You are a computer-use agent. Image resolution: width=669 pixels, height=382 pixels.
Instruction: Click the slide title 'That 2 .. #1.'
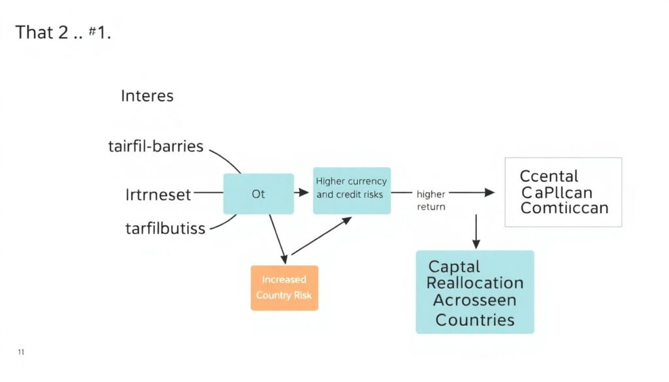coord(63,32)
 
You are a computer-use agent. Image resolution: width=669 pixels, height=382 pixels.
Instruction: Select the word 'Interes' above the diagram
coord(147,96)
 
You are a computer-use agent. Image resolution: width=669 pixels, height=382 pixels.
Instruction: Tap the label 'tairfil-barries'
coord(155,146)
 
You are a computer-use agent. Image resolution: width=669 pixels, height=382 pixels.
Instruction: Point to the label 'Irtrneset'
coord(158,194)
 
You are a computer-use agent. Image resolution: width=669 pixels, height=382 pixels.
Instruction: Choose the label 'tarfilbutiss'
coord(165,229)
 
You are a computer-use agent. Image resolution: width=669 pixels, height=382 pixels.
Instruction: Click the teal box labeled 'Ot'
coord(259,194)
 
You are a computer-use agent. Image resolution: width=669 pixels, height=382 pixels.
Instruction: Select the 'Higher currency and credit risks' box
coord(351,187)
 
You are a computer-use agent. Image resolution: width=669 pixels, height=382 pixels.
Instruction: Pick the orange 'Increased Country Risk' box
coord(284,287)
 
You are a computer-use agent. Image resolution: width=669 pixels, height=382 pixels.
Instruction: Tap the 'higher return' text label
coord(431,200)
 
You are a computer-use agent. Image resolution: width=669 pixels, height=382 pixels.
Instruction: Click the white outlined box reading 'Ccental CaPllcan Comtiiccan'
coord(563,192)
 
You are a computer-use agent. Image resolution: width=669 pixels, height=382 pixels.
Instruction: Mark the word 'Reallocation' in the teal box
coord(475,283)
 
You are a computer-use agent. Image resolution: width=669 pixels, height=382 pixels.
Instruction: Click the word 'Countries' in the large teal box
coord(475,320)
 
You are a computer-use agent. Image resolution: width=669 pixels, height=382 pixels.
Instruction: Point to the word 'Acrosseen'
coord(475,301)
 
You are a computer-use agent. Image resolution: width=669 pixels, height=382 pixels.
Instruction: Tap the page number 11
coord(22,353)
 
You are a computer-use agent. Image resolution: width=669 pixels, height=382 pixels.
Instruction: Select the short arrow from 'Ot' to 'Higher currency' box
coord(302,193)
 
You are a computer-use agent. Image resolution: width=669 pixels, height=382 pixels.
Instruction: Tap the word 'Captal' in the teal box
coord(454,266)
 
